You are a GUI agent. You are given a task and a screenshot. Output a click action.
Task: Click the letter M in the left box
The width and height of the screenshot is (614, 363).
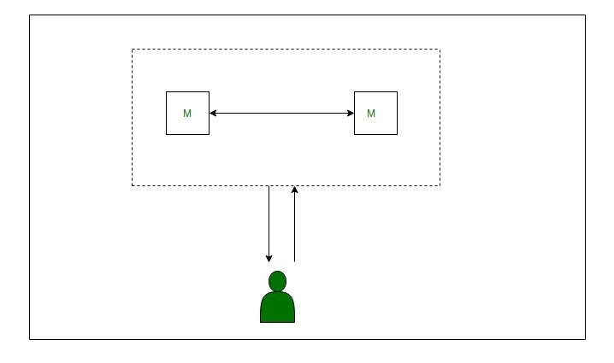(x=187, y=114)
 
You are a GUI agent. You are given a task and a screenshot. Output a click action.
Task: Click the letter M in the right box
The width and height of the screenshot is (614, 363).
(x=371, y=114)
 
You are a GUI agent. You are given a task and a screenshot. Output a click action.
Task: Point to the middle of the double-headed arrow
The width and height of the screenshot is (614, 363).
(x=282, y=113)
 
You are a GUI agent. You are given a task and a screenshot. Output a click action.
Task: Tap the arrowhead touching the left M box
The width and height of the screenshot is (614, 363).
(x=213, y=113)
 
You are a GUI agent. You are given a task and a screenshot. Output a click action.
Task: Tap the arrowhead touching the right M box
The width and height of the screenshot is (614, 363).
(x=351, y=113)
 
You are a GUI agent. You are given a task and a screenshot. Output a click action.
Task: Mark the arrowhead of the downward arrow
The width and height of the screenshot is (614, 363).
(x=269, y=259)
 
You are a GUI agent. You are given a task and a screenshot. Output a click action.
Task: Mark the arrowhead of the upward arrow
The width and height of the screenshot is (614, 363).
(x=294, y=190)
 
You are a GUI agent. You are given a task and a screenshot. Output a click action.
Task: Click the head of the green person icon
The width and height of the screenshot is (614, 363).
(x=278, y=281)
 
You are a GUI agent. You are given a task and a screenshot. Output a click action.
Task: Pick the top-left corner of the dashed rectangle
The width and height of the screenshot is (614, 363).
(x=133, y=50)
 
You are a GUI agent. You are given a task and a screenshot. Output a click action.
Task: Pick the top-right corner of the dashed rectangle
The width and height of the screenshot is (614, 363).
(x=440, y=50)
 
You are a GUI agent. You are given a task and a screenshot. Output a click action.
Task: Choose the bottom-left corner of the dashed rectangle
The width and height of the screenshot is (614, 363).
(x=133, y=185)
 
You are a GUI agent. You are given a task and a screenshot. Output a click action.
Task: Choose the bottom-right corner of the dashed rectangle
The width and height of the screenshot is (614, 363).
(x=440, y=185)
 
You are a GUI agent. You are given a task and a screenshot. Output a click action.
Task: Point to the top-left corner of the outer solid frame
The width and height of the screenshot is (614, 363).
(x=30, y=15)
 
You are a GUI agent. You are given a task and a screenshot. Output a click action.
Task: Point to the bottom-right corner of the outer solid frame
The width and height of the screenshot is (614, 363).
(x=586, y=339)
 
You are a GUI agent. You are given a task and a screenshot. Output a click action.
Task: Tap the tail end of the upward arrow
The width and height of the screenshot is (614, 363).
(x=294, y=261)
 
